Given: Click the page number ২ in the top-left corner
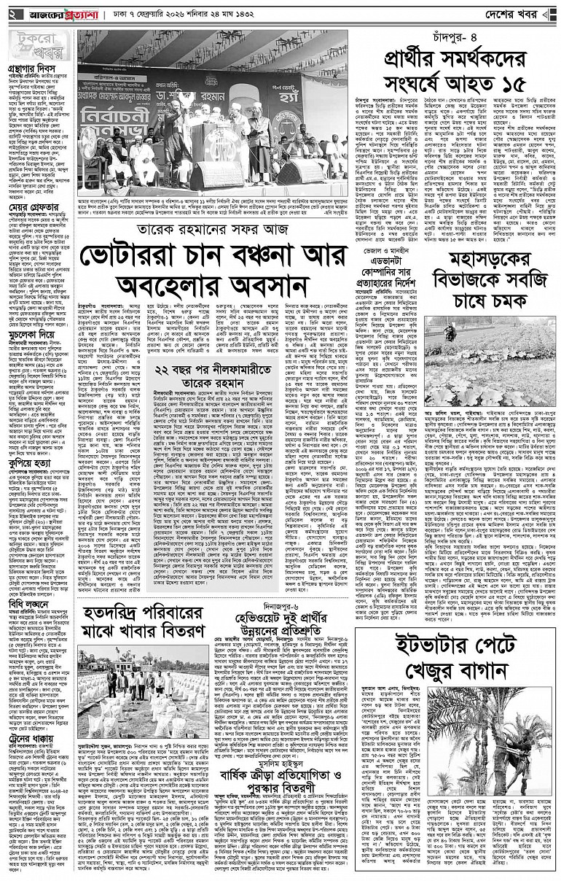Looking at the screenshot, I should pos(12,14).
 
